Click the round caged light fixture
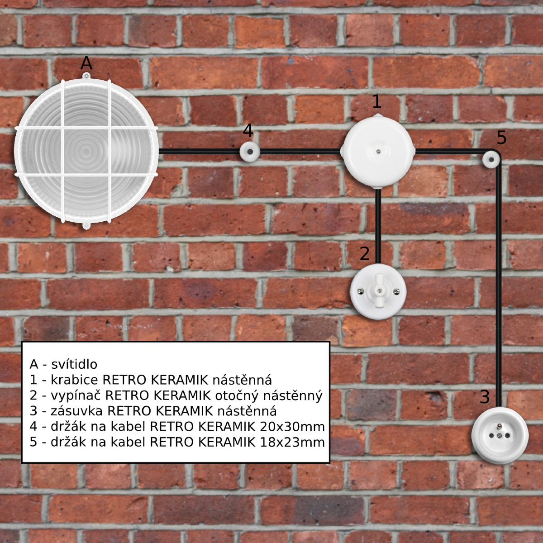tap(86, 151)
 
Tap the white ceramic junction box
tap(378, 151)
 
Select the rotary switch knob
tap(378, 291)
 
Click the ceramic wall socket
tap(500, 435)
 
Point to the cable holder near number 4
tap(250, 152)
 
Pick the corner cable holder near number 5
tap(491, 159)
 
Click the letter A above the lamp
tap(86, 63)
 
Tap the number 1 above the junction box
tap(377, 102)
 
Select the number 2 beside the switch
tap(365, 253)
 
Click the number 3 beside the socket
tap(485, 396)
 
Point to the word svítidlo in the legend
tap(74, 364)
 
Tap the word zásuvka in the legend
tap(76, 411)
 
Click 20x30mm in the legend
tap(292, 427)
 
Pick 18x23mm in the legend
tap(292, 442)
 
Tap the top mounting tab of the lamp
tap(86, 76)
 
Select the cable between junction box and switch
tap(378, 226)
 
